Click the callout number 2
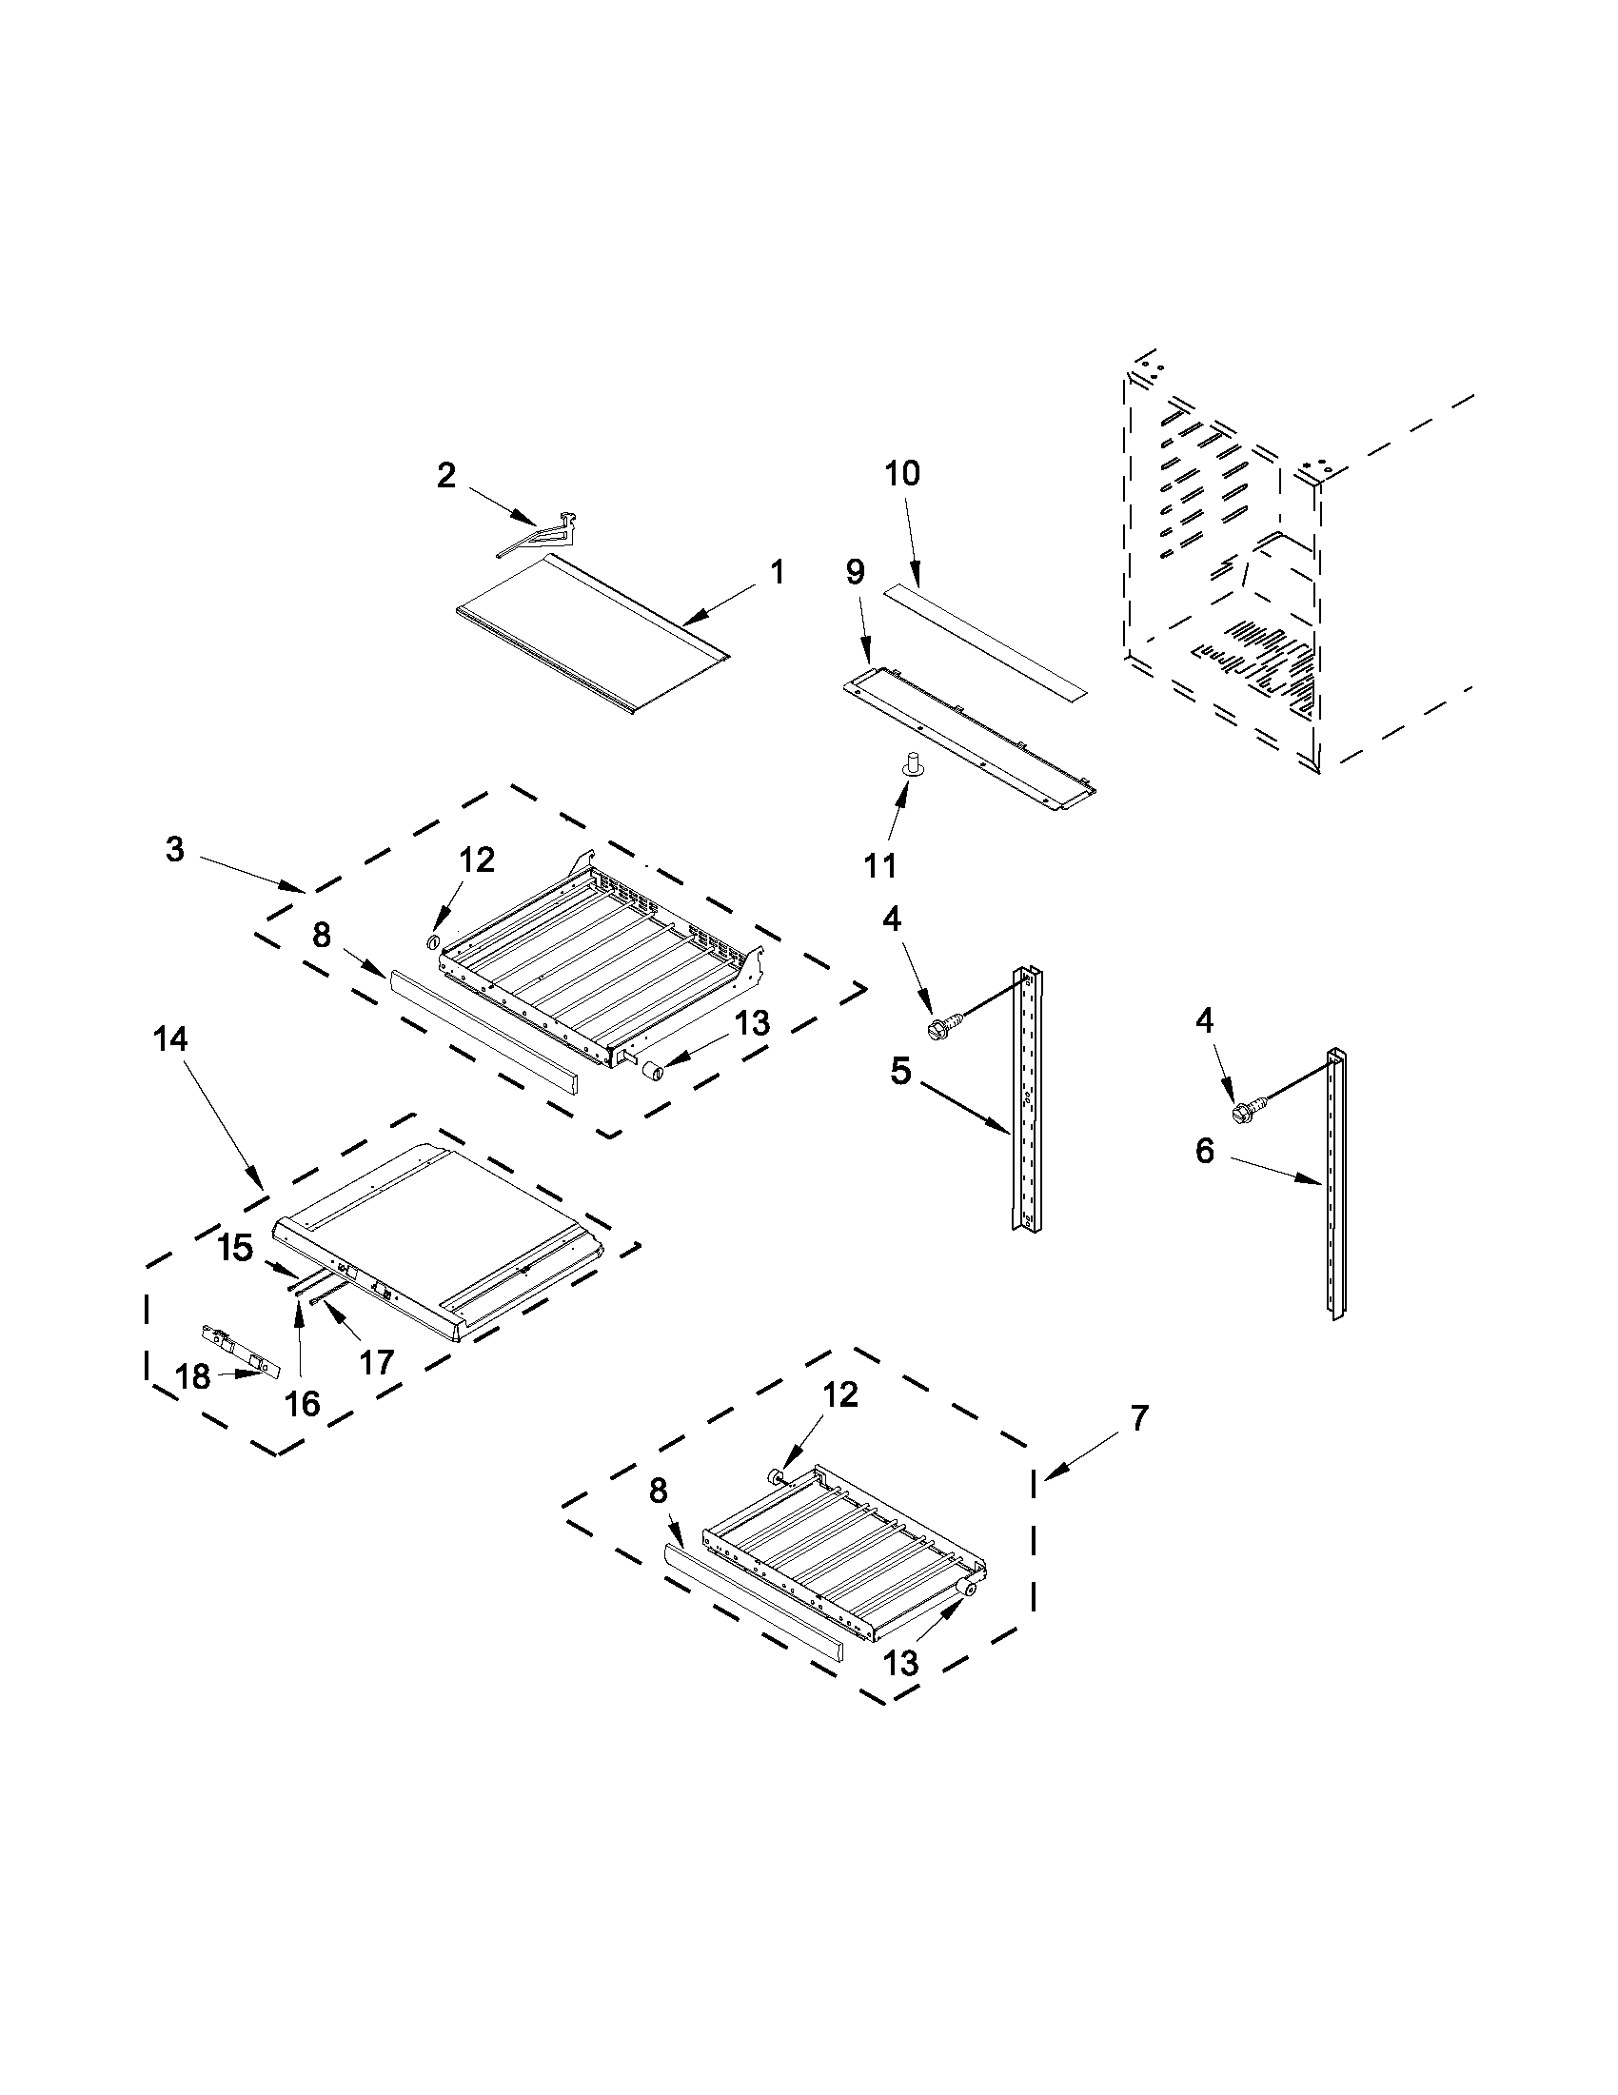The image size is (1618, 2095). pyautogui.click(x=446, y=475)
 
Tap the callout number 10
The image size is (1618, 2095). pyautogui.click(x=902, y=473)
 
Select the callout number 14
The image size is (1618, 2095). pyautogui.click(x=170, y=1038)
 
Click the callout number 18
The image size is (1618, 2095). pyautogui.click(x=193, y=1376)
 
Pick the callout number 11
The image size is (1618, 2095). pyautogui.click(x=880, y=865)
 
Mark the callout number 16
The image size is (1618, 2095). pyautogui.click(x=302, y=1403)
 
